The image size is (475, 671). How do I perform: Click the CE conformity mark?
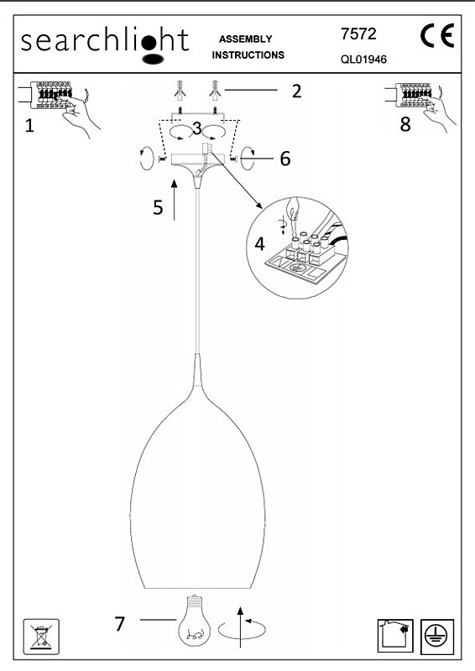(x=437, y=35)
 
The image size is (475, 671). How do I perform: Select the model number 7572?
(x=358, y=34)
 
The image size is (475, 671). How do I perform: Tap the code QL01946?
(x=363, y=60)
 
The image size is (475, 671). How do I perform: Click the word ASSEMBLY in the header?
(x=245, y=39)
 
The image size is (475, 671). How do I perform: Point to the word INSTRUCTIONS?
(x=248, y=55)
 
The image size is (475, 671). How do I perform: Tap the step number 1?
(x=29, y=126)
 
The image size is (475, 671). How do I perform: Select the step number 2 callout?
(x=296, y=91)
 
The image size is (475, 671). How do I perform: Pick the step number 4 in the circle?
(x=259, y=244)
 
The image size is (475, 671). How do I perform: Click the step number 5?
(x=158, y=207)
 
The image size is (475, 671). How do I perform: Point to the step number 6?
(x=285, y=159)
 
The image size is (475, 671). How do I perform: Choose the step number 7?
(x=119, y=624)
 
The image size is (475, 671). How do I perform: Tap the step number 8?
(x=405, y=124)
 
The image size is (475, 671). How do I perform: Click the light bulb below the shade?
(x=195, y=621)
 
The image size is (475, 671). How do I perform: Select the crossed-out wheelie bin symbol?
(x=41, y=637)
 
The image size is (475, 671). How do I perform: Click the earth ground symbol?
(x=437, y=637)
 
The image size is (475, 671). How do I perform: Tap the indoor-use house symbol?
(x=395, y=636)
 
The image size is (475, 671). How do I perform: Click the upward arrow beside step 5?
(x=174, y=200)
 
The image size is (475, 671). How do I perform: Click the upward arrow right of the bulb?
(x=240, y=627)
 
